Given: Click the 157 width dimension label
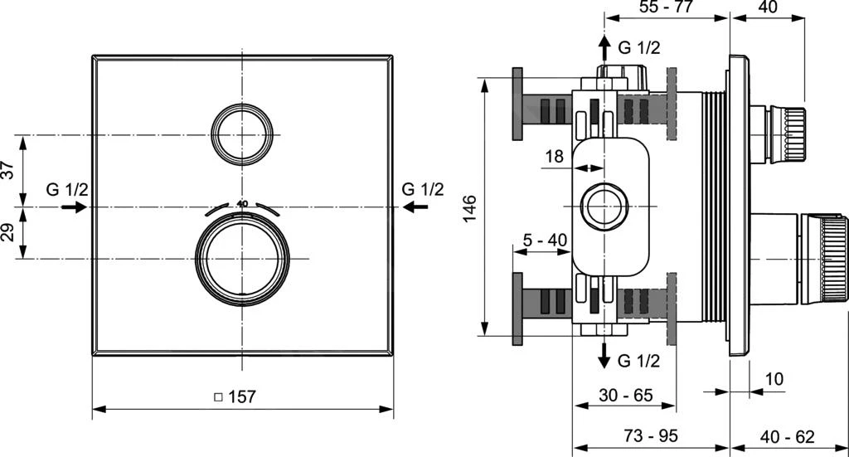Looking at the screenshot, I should click(x=235, y=396).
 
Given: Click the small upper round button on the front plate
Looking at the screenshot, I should click(x=241, y=134).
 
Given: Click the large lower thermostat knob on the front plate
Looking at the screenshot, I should click(x=242, y=260).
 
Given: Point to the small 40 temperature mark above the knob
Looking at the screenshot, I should click(x=242, y=203).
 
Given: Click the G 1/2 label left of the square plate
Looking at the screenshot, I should click(x=66, y=189).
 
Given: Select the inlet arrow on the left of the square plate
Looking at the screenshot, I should click(x=75, y=207).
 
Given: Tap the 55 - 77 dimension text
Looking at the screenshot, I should click(x=666, y=7).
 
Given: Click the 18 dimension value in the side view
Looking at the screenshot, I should click(x=555, y=155).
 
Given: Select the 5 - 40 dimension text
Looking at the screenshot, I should click(x=545, y=241).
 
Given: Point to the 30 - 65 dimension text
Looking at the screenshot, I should click(x=626, y=396).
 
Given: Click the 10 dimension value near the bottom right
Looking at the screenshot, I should click(x=774, y=378).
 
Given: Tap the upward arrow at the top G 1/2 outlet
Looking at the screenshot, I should click(x=605, y=46).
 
